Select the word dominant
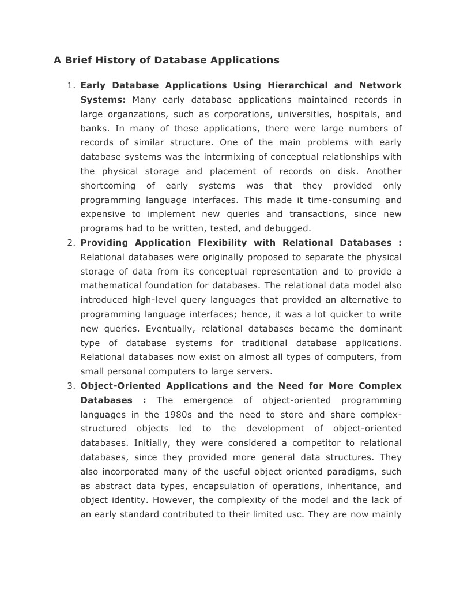380,329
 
